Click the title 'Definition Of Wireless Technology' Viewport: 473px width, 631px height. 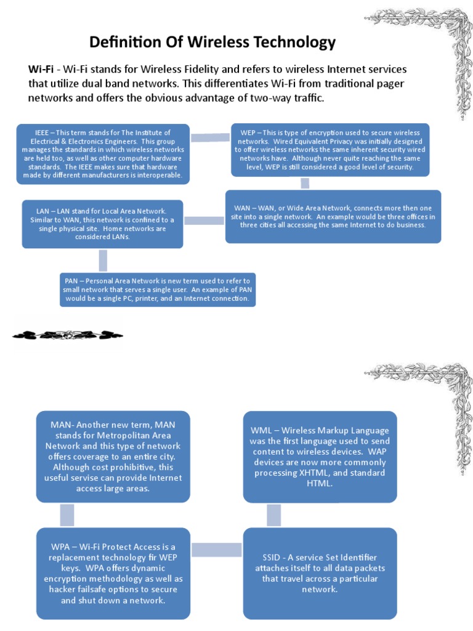(x=212, y=43)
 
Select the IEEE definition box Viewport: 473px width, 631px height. (x=103, y=154)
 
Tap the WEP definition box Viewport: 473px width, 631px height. (x=329, y=150)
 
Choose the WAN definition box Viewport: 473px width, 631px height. (x=333, y=216)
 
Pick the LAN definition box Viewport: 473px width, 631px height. (x=102, y=224)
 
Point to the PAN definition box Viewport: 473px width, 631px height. (x=158, y=290)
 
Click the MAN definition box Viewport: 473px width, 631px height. (x=113, y=456)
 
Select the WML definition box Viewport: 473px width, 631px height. (x=320, y=457)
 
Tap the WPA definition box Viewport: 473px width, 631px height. (x=113, y=573)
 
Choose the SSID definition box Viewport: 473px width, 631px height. (x=320, y=573)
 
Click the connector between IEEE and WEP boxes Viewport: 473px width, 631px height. (x=210, y=137)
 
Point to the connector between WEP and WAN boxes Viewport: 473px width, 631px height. (x=304, y=183)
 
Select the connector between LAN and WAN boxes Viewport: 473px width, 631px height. (x=204, y=220)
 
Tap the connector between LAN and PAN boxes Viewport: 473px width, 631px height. (x=103, y=260)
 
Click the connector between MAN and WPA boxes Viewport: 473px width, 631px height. (x=67, y=515)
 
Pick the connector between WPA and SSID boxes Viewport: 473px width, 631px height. (x=217, y=549)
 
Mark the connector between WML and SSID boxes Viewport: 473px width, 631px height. (x=274, y=515)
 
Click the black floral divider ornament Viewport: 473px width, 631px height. (x=68, y=335)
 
